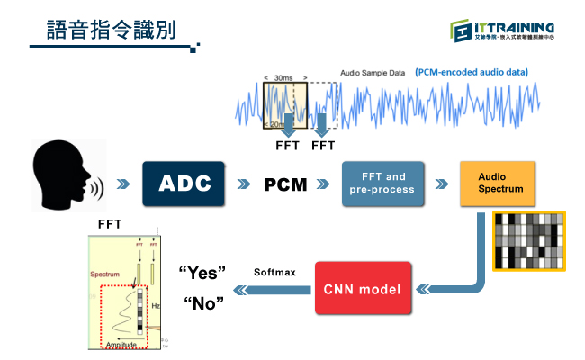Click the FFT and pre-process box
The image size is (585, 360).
pos(383,184)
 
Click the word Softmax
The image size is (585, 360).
pos(274,271)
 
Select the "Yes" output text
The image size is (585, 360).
pos(202,272)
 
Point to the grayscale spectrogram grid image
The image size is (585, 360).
pos(528,240)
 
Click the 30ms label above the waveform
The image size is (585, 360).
pos(284,78)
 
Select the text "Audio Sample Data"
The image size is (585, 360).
pos(373,72)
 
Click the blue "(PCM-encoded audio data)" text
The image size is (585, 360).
pos(472,72)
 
